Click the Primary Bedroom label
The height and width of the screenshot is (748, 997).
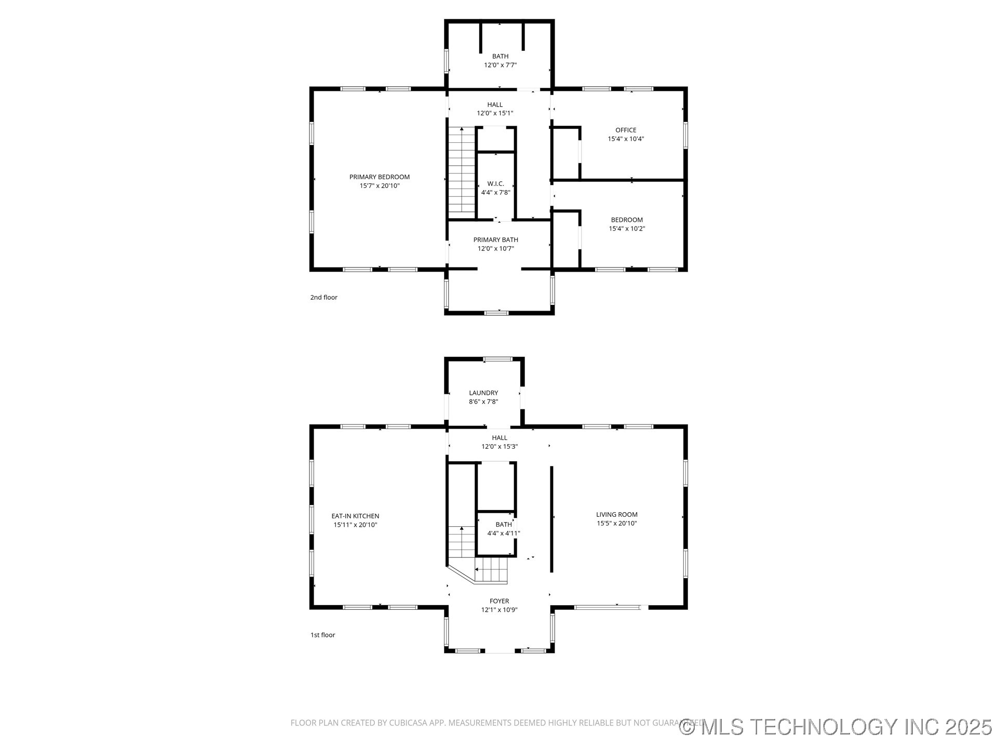click(x=379, y=177)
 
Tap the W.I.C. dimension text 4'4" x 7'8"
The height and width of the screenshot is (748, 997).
click(x=495, y=193)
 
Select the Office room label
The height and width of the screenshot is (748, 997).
click(x=626, y=130)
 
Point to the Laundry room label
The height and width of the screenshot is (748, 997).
click(x=483, y=393)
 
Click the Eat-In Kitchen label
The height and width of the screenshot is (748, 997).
click(x=355, y=516)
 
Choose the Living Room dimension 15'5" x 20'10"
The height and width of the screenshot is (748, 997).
click(x=616, y=524)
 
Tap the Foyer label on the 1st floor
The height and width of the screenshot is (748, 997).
click(x=499, y=602)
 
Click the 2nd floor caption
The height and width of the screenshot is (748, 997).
click(x=324, y=298)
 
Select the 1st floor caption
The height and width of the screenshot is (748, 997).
click(x=322, y=635)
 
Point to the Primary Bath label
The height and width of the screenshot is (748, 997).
click(x=495, y=240)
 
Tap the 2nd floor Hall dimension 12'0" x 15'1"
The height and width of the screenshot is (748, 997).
click(x=495, y=113)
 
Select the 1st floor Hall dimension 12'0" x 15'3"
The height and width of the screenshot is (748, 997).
click(x=499, y=447)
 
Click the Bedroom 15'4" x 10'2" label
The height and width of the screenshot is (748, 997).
click(x=626, y=220)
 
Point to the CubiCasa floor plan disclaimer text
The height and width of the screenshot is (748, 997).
click(x=483, y=723)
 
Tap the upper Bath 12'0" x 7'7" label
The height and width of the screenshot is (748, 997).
click(x=500, y=57)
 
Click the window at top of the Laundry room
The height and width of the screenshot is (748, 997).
click(x=497, y=359)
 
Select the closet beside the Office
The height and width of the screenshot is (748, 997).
click(x=565, y=153)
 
